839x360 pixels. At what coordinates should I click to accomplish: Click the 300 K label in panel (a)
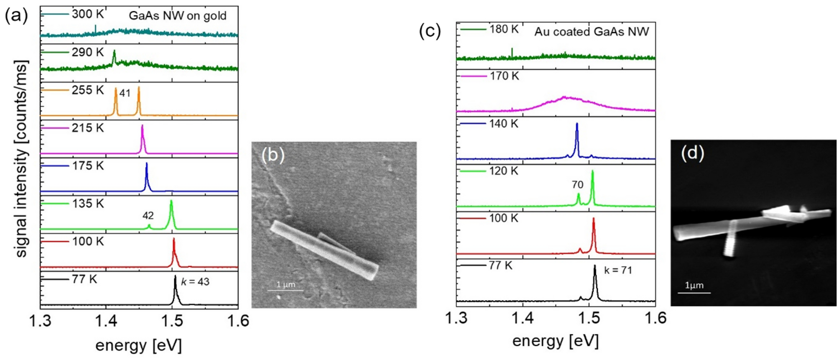point(87,14)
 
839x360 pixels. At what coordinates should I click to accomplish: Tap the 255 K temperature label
point(87,90)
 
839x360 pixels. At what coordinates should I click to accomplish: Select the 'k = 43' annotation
point(195,281)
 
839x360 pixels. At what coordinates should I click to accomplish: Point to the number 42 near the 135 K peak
point(148,215)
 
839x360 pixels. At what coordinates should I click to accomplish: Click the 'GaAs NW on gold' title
point(177,16)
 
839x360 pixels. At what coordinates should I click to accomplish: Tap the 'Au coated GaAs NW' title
point(592,32)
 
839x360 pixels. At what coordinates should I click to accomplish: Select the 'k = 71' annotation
point(618,270)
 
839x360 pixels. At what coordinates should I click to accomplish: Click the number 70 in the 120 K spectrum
point(577,184)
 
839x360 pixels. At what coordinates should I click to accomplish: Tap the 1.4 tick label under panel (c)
point(523,318)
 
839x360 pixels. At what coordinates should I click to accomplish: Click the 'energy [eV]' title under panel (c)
point(555,341)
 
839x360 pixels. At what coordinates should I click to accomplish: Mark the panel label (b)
point(273,155)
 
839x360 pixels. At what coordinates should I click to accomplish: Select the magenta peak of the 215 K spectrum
point(143,140)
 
